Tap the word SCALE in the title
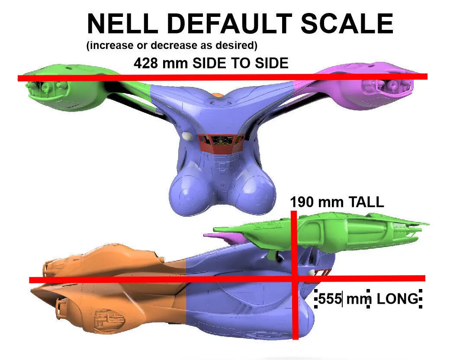347,24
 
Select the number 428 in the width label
147,63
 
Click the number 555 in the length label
330,299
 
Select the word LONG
397,299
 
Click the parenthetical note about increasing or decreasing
172,45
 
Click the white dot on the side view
311,273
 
